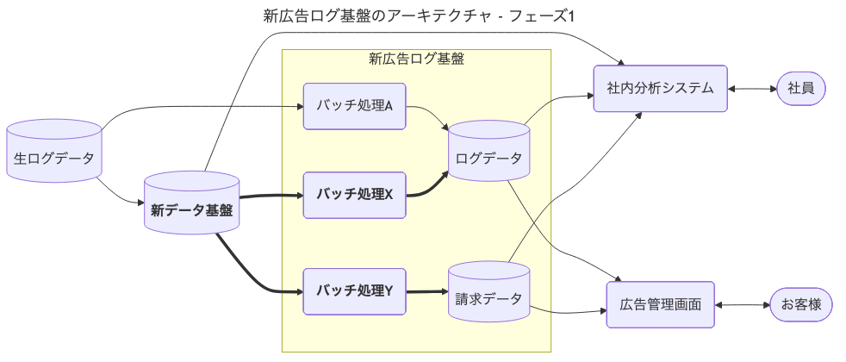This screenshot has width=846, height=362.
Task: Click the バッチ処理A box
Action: coord(354,106)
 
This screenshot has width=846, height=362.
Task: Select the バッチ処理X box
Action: coord(354,195)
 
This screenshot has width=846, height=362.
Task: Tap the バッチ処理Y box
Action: coord(354,291)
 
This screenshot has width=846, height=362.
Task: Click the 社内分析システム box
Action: coord(660,88)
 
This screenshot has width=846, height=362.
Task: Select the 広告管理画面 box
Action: coord(660,304)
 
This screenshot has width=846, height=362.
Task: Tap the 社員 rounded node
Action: coord(801,88)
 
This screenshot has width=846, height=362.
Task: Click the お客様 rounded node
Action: coord(801,304)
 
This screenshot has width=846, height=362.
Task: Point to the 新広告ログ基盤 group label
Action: coord(416,59)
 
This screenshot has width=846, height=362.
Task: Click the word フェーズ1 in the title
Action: coord(548,16)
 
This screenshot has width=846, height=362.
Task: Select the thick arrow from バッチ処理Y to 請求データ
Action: coord(426,292)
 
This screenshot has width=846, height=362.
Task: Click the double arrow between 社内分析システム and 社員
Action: coord(752,88)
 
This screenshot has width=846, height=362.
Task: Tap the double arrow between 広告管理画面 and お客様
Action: coord(742,304)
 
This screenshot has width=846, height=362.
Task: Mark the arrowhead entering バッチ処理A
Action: coord(298,106)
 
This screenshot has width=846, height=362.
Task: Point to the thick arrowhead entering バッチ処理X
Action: coord(298,195)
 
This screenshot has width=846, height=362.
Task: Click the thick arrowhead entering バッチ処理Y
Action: coord(298,291)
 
